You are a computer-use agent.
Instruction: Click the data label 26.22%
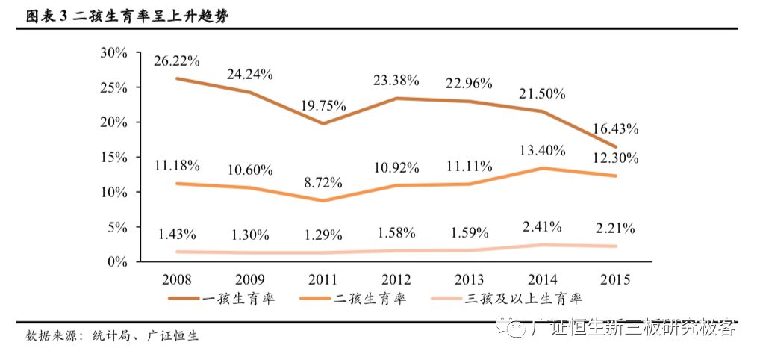(x=177, y=60)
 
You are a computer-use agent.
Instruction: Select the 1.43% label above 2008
(x=177, y=234)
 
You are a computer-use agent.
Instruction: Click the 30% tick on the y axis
(x=114, y=52)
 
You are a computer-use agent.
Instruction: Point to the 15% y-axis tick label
(x=114, y=157)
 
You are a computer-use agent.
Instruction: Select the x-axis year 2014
(x=542, y=280)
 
